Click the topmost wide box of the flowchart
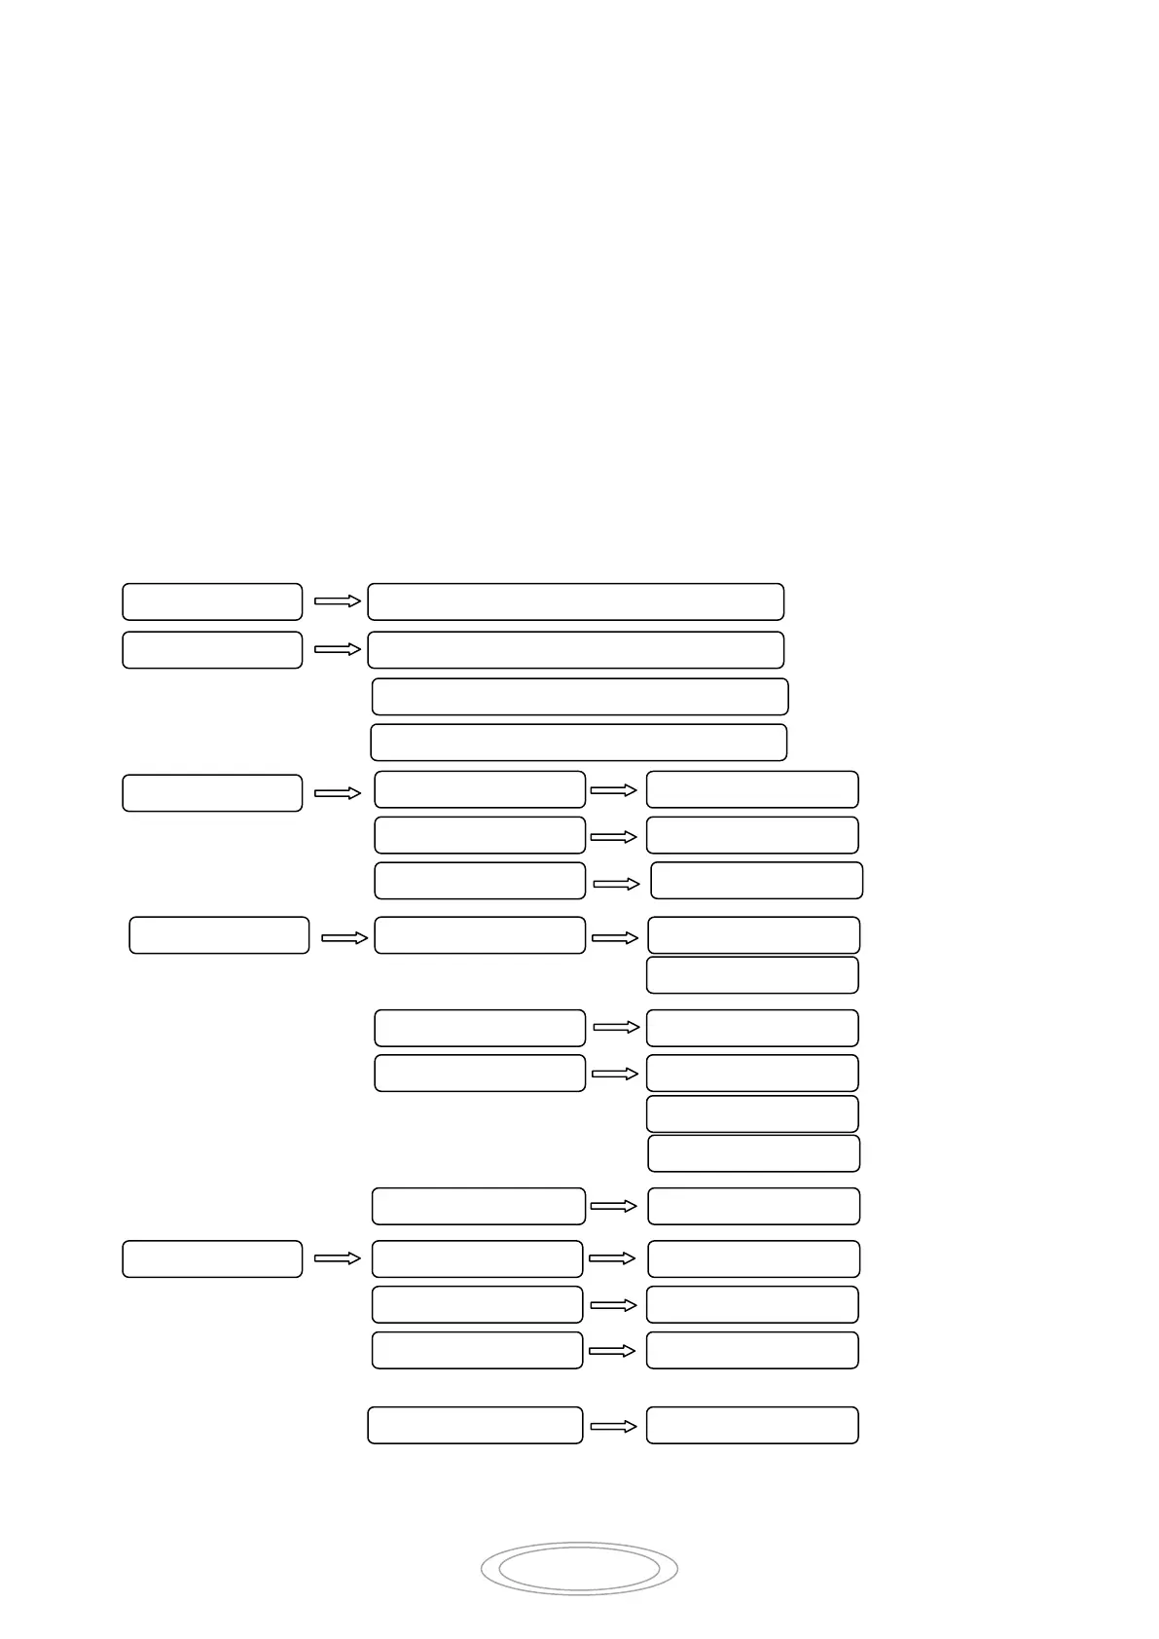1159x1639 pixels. coord(575,601)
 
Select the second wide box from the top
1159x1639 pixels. coord(575,649)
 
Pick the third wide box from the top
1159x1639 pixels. coord(580,697)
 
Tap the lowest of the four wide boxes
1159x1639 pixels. coord(578,742)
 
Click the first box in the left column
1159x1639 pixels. coord(212,601)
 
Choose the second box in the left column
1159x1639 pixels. coord(212,649)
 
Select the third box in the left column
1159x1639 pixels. coord(212,792)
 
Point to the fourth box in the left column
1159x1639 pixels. coord(219,934)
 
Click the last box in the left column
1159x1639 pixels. coord(212,1258)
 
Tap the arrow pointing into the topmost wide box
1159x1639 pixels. coord(338,601)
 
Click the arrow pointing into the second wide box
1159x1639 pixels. coord(338,649)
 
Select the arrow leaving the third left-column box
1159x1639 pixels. coord(338,793)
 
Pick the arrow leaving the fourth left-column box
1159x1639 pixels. coord(344,937)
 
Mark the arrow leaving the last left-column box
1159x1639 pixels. coord(338,1258)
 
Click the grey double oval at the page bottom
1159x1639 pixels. coord(579,1568)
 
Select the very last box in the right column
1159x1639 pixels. coord(752,1425)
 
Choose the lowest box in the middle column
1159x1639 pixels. coord(475,1425)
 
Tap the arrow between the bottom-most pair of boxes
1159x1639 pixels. coord(613,1426)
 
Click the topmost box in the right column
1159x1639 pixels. coord(752,789)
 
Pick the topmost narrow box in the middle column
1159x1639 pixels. coord(480,789)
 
